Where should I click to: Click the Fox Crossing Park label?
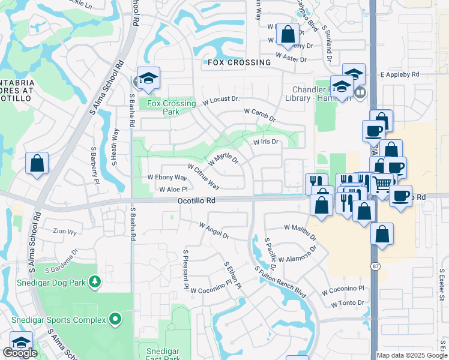coord(171,107)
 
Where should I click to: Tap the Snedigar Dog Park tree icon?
coord(94,281)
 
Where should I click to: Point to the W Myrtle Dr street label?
coord(223,160)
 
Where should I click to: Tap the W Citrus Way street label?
coord(203,177)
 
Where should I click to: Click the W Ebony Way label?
coord(167,178)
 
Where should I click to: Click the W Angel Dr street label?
coord(214,230)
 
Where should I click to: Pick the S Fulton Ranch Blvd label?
coord(280,282)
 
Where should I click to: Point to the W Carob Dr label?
coord(259,115)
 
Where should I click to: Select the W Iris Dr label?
coord(265,142)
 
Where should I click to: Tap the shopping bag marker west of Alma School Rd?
coord(37,163)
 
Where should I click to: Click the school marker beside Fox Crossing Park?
coord(148,78)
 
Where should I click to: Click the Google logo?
coord(20,353)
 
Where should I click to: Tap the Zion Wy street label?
coord(65,231)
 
